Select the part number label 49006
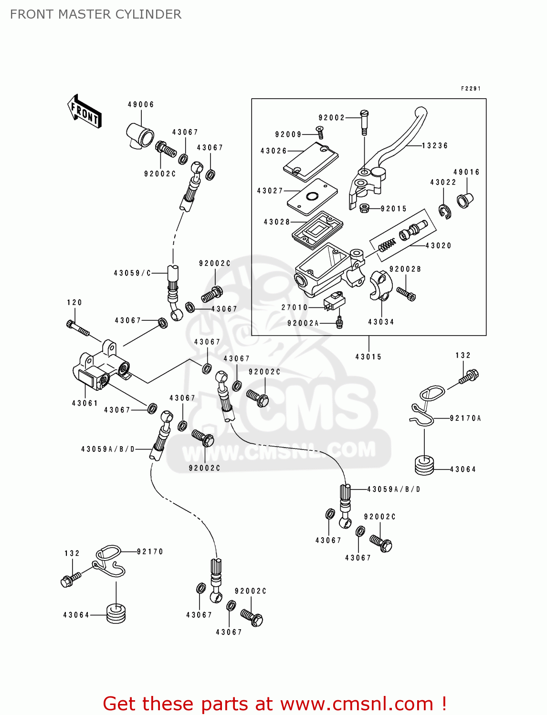pos(141,104)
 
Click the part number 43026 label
pos(273,151)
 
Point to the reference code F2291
pos(471,89)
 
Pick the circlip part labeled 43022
pos(445,211)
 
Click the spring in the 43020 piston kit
pos(387,245)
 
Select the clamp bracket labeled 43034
pos(380,286)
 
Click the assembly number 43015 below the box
pos(368,357)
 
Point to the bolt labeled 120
pos(78,328)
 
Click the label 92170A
pos(465,419)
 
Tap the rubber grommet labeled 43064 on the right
pos(424,466)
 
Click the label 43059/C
pos(132,273)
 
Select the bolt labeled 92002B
pos(406,294)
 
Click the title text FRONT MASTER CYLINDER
pos(95,14)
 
